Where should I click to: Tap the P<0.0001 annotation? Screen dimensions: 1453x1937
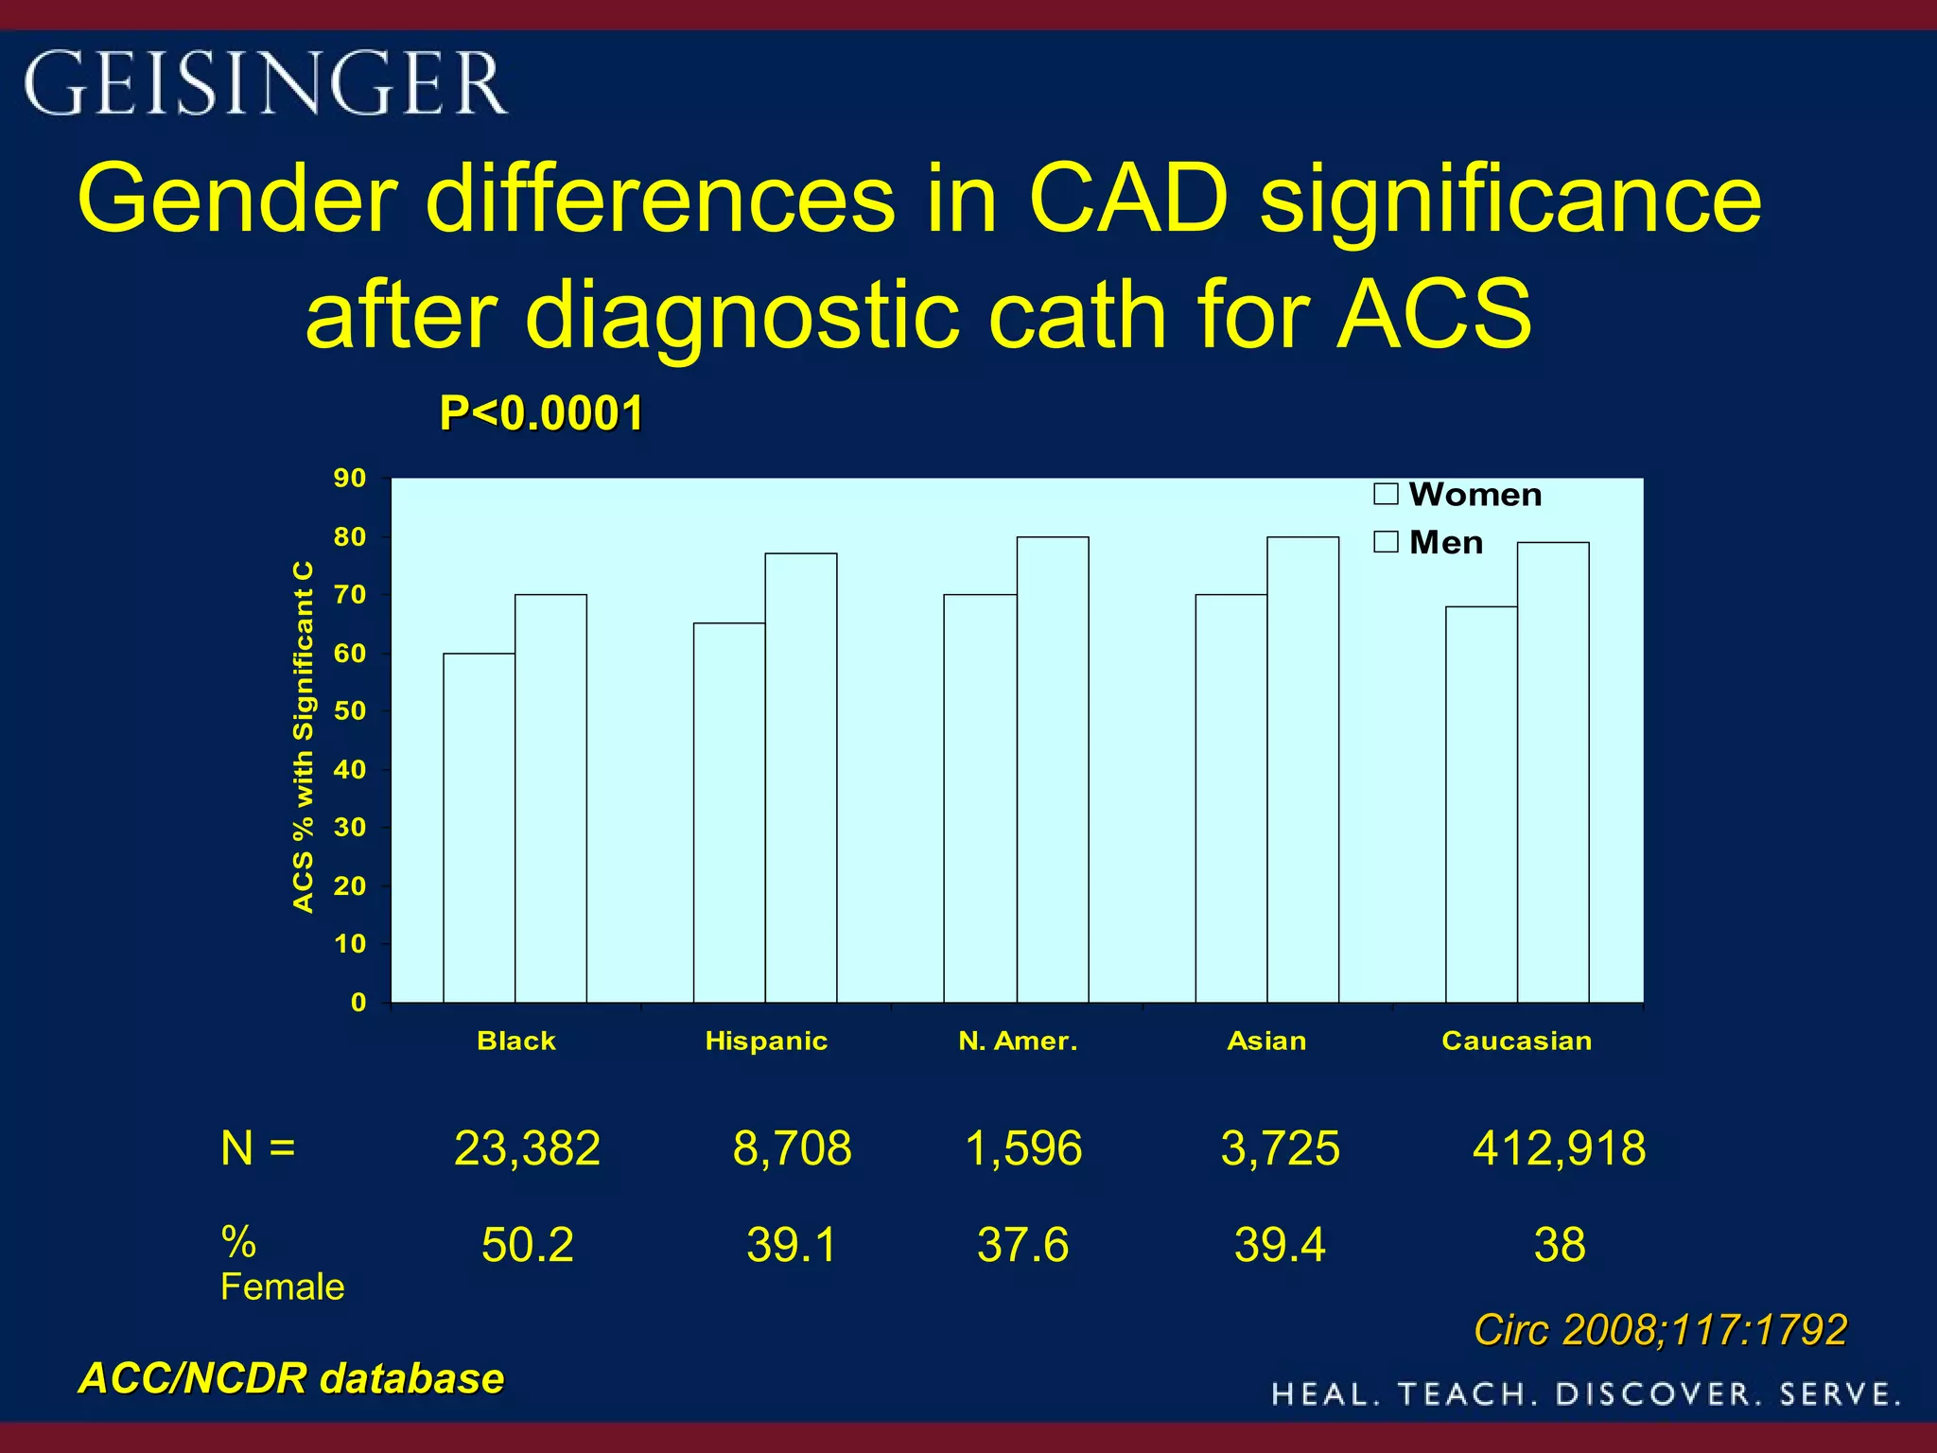tap(541, 413)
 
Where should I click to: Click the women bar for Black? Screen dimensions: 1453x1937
tap(479, 828)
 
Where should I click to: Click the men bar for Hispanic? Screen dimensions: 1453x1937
tap(800, 778)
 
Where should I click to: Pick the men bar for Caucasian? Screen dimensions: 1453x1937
tap(1553, 772)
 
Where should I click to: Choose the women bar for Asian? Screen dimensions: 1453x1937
tap(1230, 798)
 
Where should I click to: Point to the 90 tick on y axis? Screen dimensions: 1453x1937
tap(350, 479)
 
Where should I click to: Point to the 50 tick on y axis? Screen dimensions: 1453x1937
tap(350, 711)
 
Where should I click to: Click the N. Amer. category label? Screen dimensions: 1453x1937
tap(1018, 1041)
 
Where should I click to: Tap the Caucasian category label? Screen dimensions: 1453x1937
tap(1516, 1041)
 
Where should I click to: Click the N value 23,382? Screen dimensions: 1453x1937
tap(527, 1148)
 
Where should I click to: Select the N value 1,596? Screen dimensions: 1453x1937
tap(1023, 1148)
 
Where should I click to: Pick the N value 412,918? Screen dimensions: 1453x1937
tap(1559, 1148)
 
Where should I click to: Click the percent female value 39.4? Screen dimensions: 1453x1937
tap(1280, 1245)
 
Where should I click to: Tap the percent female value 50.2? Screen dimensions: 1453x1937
tap(527, 1245)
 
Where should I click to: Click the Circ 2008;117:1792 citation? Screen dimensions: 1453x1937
tap(1660, 1330)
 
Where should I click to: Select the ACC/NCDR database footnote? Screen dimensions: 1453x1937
tap(291, 1378)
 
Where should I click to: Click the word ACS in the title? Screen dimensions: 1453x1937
tap(1434, 314)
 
